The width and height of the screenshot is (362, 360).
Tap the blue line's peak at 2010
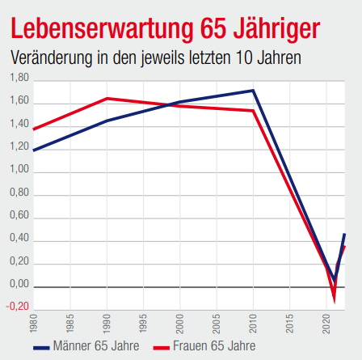(253, 91)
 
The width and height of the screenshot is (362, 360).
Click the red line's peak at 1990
(107, 99)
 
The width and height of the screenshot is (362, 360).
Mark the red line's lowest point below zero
(335, 301)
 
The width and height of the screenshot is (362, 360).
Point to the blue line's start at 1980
(33, 150)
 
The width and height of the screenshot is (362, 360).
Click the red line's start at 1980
(33, 128)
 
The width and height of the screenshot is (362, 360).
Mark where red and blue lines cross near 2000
(168, 104)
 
